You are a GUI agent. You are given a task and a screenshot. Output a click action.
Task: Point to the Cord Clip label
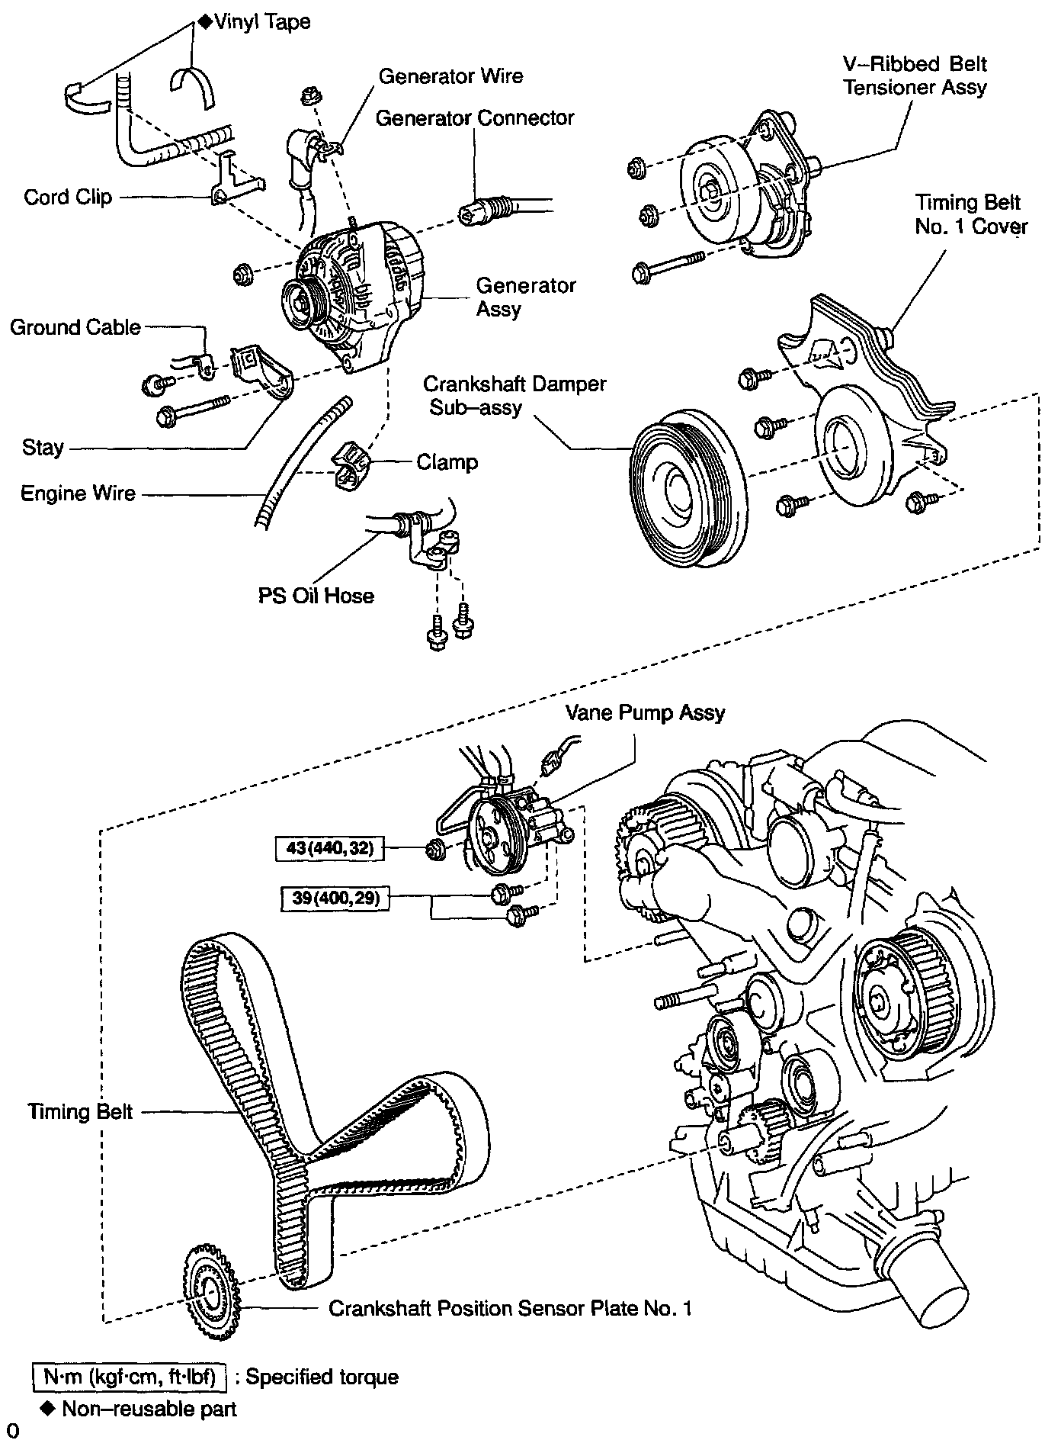pos(68,197)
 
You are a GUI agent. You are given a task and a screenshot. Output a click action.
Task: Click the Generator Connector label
pos(475,118)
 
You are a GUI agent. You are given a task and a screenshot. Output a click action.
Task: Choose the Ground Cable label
pos(75,327)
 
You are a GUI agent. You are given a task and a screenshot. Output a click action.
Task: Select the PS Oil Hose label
pos(316,595)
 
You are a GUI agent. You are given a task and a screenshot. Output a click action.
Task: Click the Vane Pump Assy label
pos(645,712)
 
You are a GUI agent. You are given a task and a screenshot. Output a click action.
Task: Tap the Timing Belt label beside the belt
pos(80,1111)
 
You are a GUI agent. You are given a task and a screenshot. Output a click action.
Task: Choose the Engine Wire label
pos(78,493)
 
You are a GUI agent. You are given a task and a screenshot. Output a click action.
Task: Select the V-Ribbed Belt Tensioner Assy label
pos(915,75)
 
